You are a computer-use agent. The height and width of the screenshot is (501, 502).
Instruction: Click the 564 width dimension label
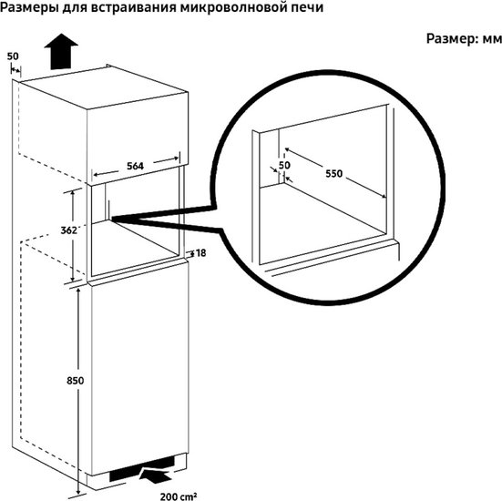tap(135, 166)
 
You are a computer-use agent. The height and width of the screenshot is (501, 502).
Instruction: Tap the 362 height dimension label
tap(69, 230)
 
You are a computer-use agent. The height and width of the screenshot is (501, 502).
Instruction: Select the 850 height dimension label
tap(76, 381)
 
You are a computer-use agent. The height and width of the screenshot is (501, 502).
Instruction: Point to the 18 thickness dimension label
tap(200, 253)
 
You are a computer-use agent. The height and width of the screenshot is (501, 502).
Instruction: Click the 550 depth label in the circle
tap(334, 173)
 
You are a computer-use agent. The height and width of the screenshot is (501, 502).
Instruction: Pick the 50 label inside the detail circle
tap(284, 165)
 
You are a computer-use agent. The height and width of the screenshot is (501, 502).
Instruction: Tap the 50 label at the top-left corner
tap(13, 56)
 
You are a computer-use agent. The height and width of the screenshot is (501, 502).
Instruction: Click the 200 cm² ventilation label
tap(179, 496)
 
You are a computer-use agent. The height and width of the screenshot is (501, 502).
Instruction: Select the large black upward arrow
tap(61, 51)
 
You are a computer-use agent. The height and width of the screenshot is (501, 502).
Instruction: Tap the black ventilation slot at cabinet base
tap(142, 468)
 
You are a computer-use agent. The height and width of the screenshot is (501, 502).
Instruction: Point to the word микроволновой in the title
tap(235, 8)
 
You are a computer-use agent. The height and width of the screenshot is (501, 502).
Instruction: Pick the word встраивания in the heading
tap(133, 8)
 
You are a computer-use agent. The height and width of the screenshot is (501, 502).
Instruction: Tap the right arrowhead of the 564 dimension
tap(176, 158)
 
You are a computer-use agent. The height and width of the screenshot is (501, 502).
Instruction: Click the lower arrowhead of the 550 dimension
tap(384, 197)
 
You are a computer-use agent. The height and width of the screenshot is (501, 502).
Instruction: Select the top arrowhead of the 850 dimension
tap(78, 290)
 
